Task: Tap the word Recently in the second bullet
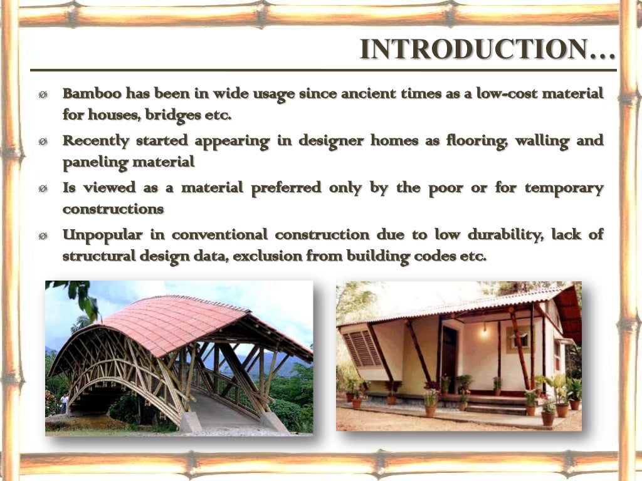[x=95, y=140]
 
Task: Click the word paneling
[x=92, y=162]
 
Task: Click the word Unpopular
[x=102, y=235]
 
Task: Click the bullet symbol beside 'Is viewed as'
[x=43, y=189]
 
